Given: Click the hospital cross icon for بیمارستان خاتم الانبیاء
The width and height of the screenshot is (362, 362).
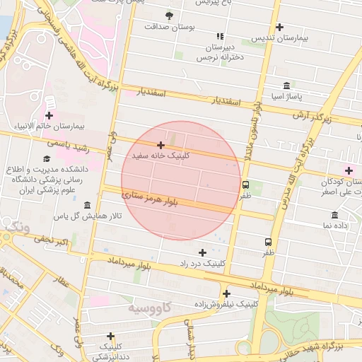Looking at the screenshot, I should (x=49, y=115).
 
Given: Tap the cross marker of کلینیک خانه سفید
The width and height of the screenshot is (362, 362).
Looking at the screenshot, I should (x=161, y=144).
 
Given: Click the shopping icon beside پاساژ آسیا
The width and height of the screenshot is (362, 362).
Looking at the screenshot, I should (x=286, y=85).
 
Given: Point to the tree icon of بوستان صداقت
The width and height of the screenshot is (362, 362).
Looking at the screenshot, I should (x=169, y=15).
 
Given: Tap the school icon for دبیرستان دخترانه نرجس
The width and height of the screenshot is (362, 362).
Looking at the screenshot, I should (x=220, y=36).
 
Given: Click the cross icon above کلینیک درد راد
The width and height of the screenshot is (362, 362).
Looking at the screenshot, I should (x=203, y=252).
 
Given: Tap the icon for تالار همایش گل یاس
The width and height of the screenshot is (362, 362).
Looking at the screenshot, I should (x=87, y=206).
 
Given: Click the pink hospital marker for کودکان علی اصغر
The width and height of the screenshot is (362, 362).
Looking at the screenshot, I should (x=348, y=170).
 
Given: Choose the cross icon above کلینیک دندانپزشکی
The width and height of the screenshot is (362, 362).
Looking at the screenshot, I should (x=110, y=336).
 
